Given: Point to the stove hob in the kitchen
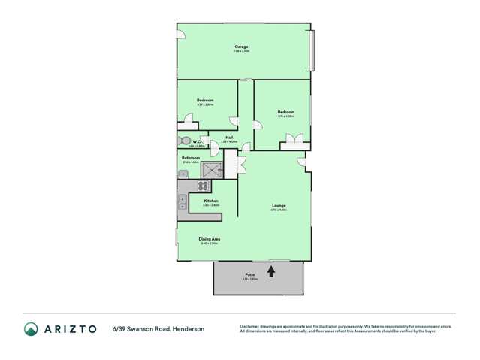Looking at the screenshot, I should click(202, 186).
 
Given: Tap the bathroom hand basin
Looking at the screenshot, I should click(183, 174).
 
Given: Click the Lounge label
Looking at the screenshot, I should click(278, 205).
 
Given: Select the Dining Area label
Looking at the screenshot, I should click(210, 240).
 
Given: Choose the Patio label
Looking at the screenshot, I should click(250, 276).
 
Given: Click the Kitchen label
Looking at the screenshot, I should click(211, 201).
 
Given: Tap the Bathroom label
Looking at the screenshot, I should click(190, 158).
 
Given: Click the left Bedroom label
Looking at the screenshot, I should click(206, 101).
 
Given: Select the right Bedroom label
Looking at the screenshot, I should click(285, 113).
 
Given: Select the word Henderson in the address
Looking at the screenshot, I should click(188, 328).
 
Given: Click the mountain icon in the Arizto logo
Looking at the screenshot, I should click(31, 328).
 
